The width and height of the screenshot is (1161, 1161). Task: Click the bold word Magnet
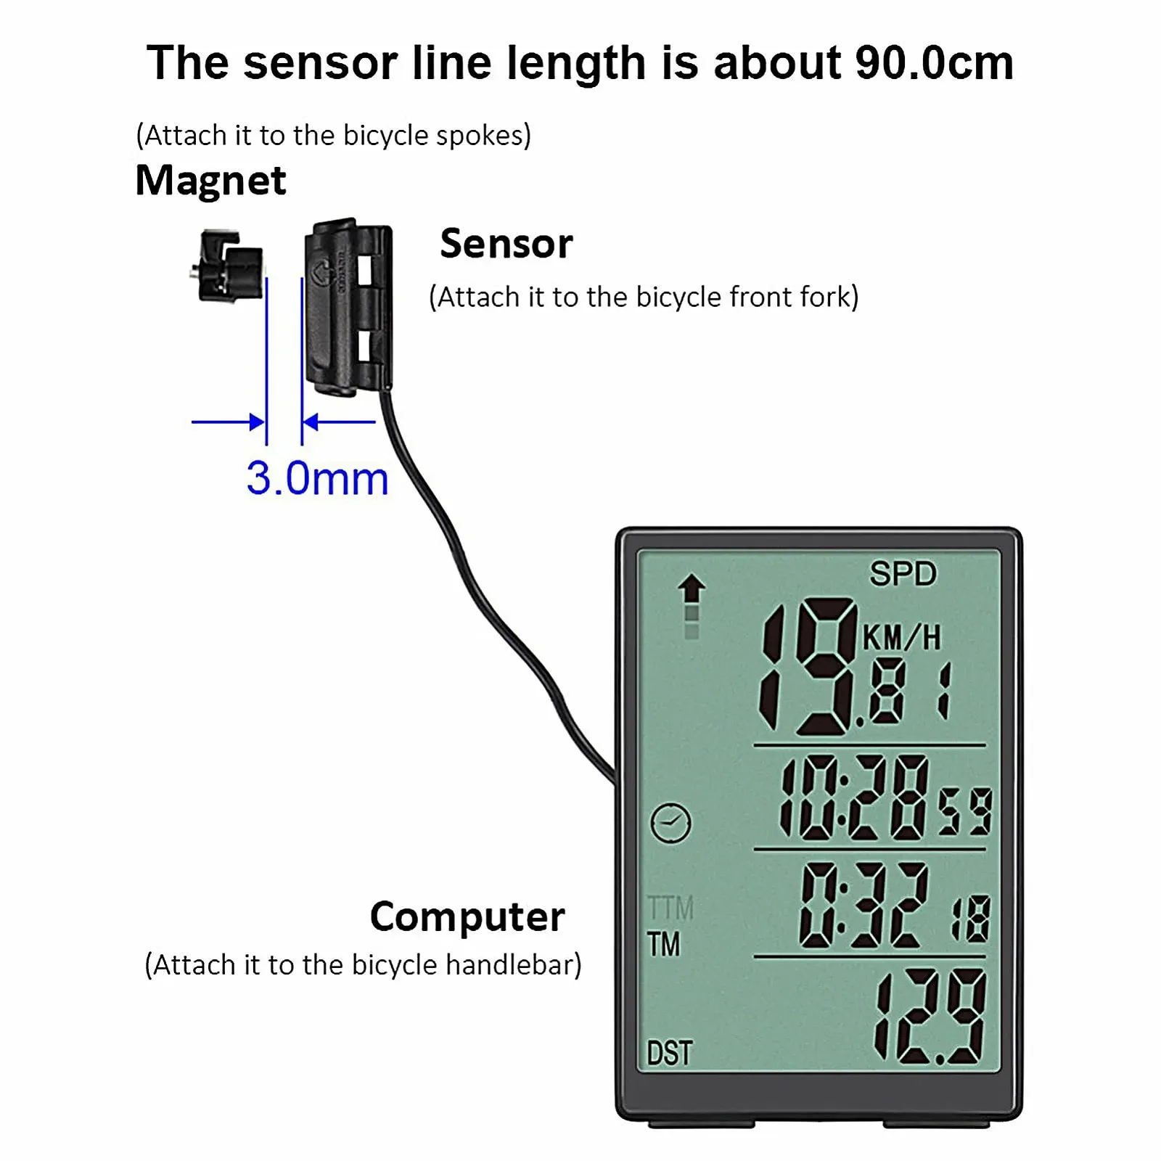(210, 181)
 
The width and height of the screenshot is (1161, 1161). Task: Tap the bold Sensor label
(506, 244)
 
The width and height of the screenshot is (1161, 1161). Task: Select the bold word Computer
(467, 917)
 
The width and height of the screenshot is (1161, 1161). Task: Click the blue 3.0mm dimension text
(317, 479)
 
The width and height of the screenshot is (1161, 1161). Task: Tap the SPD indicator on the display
(903, 574)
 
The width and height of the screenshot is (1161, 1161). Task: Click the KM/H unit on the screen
(901, 639)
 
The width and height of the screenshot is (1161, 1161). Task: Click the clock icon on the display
(671, 823)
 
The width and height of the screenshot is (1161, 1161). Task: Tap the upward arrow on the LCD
(692, 588)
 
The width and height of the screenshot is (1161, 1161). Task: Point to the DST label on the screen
(669, 1053)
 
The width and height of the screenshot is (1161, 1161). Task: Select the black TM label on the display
(663, 945)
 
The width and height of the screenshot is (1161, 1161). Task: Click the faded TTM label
(670, 908)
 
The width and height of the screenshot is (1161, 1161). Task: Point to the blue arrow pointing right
(228, 422)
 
